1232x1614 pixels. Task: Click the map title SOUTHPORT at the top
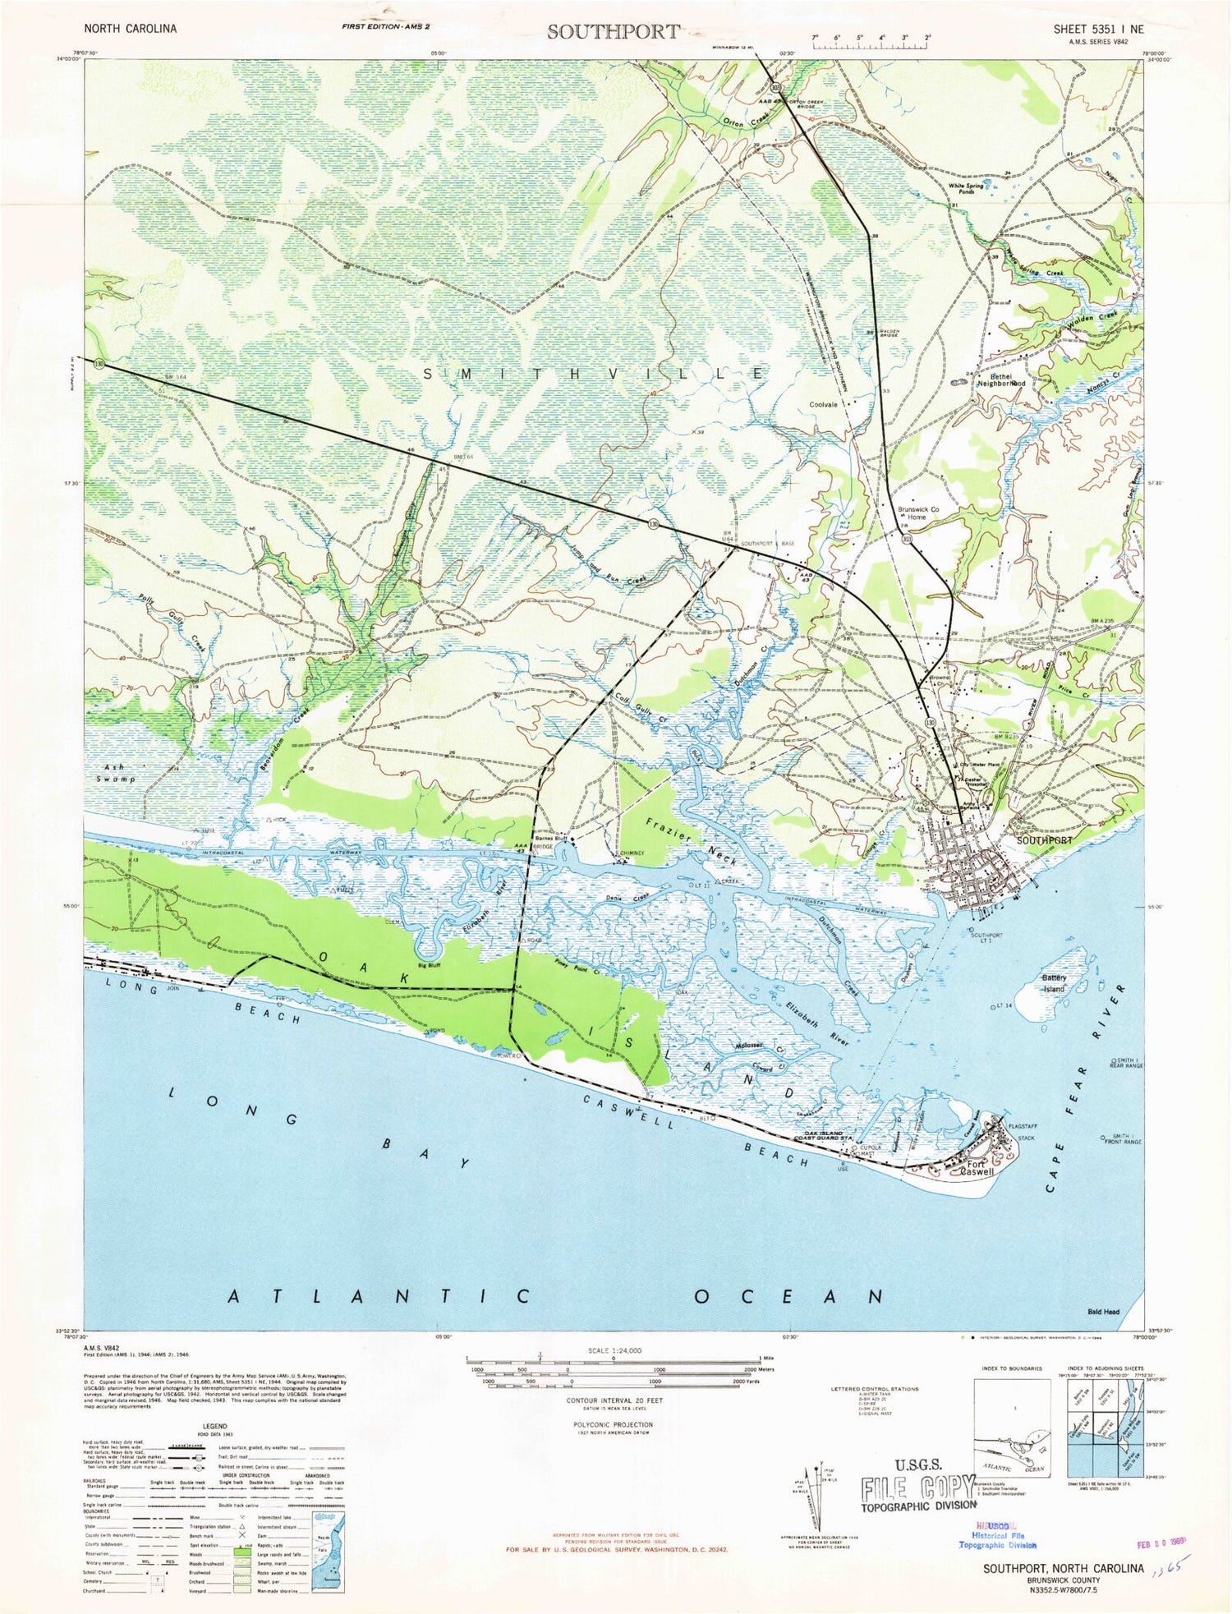[614, 31]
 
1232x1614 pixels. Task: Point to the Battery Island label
[1054, 983]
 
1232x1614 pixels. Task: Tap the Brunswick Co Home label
[917, 513]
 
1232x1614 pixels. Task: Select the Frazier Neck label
[691, 841]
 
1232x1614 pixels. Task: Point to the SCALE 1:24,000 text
[614, 1351]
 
